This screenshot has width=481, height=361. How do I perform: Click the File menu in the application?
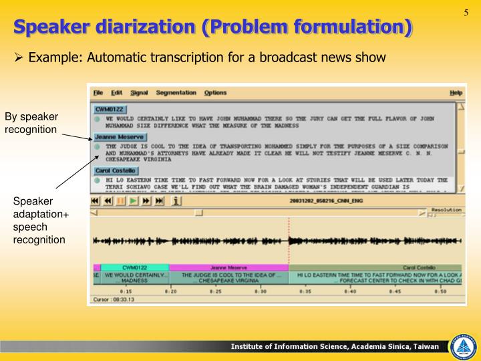[x=98, y=92]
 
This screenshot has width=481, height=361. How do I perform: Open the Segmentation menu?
[x=176, y=92]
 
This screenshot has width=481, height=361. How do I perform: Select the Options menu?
[x=215, y=92]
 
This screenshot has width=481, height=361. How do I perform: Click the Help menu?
[x=456, y=92]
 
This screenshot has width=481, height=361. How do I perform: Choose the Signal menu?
[x=139, y=92]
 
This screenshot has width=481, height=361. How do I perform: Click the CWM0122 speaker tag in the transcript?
[x=110, y=108]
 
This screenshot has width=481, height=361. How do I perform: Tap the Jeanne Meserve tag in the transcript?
[x=119, y=136]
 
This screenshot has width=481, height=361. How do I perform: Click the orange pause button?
[x=121, y=199]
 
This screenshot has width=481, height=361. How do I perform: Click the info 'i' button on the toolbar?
[x=176, y=199]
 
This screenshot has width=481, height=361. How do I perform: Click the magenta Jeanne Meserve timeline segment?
[x=228, y=267]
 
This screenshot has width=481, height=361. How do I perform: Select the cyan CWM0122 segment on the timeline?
[x=134, y=267]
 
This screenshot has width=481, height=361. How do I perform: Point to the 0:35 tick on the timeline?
[x=305, y=291]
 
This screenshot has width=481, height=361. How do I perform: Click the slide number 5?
[x=466, y=13]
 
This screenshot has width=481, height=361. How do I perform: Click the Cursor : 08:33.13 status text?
[x=114, y=299]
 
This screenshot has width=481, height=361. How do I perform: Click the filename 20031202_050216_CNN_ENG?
[x=330, y=200]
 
